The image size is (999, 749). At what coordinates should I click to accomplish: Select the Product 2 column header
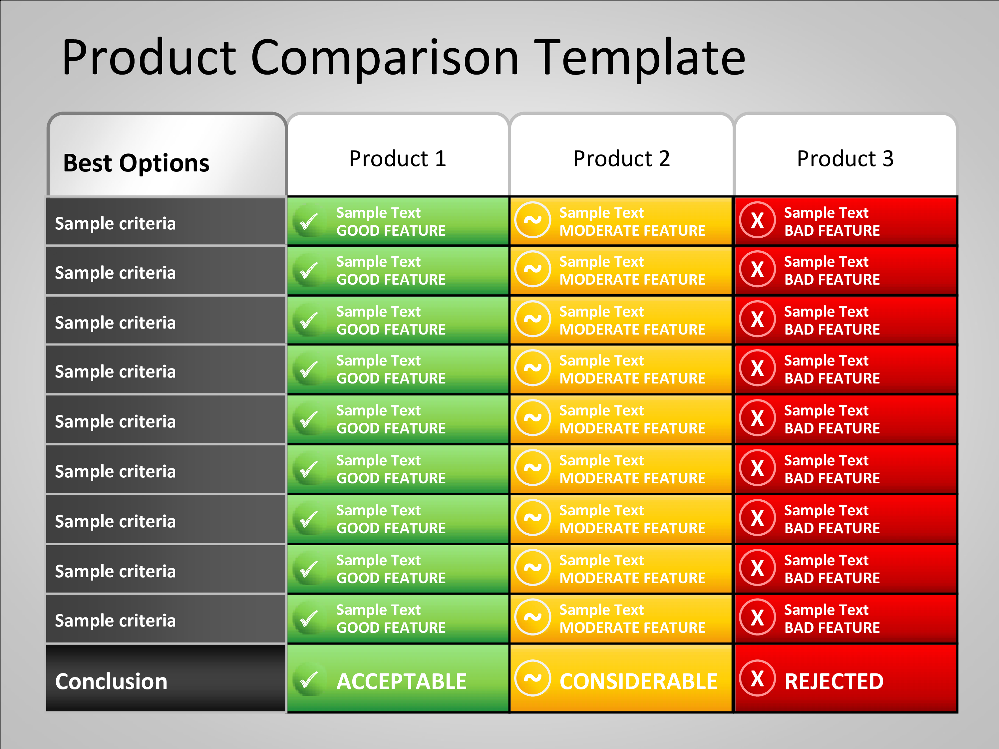pos(621,158)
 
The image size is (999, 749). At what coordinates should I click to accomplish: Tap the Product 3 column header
pos(845,158)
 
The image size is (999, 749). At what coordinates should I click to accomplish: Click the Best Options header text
pos(137,163)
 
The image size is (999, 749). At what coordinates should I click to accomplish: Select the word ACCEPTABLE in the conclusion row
pos(402,681)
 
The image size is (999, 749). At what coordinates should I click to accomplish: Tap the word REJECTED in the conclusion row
pos(834,681)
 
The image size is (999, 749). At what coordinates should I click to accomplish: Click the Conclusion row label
pos(111,681)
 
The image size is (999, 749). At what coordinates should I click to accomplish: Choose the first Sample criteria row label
pos(115,223)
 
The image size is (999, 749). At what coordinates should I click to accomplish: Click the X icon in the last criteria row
pos(757,617)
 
